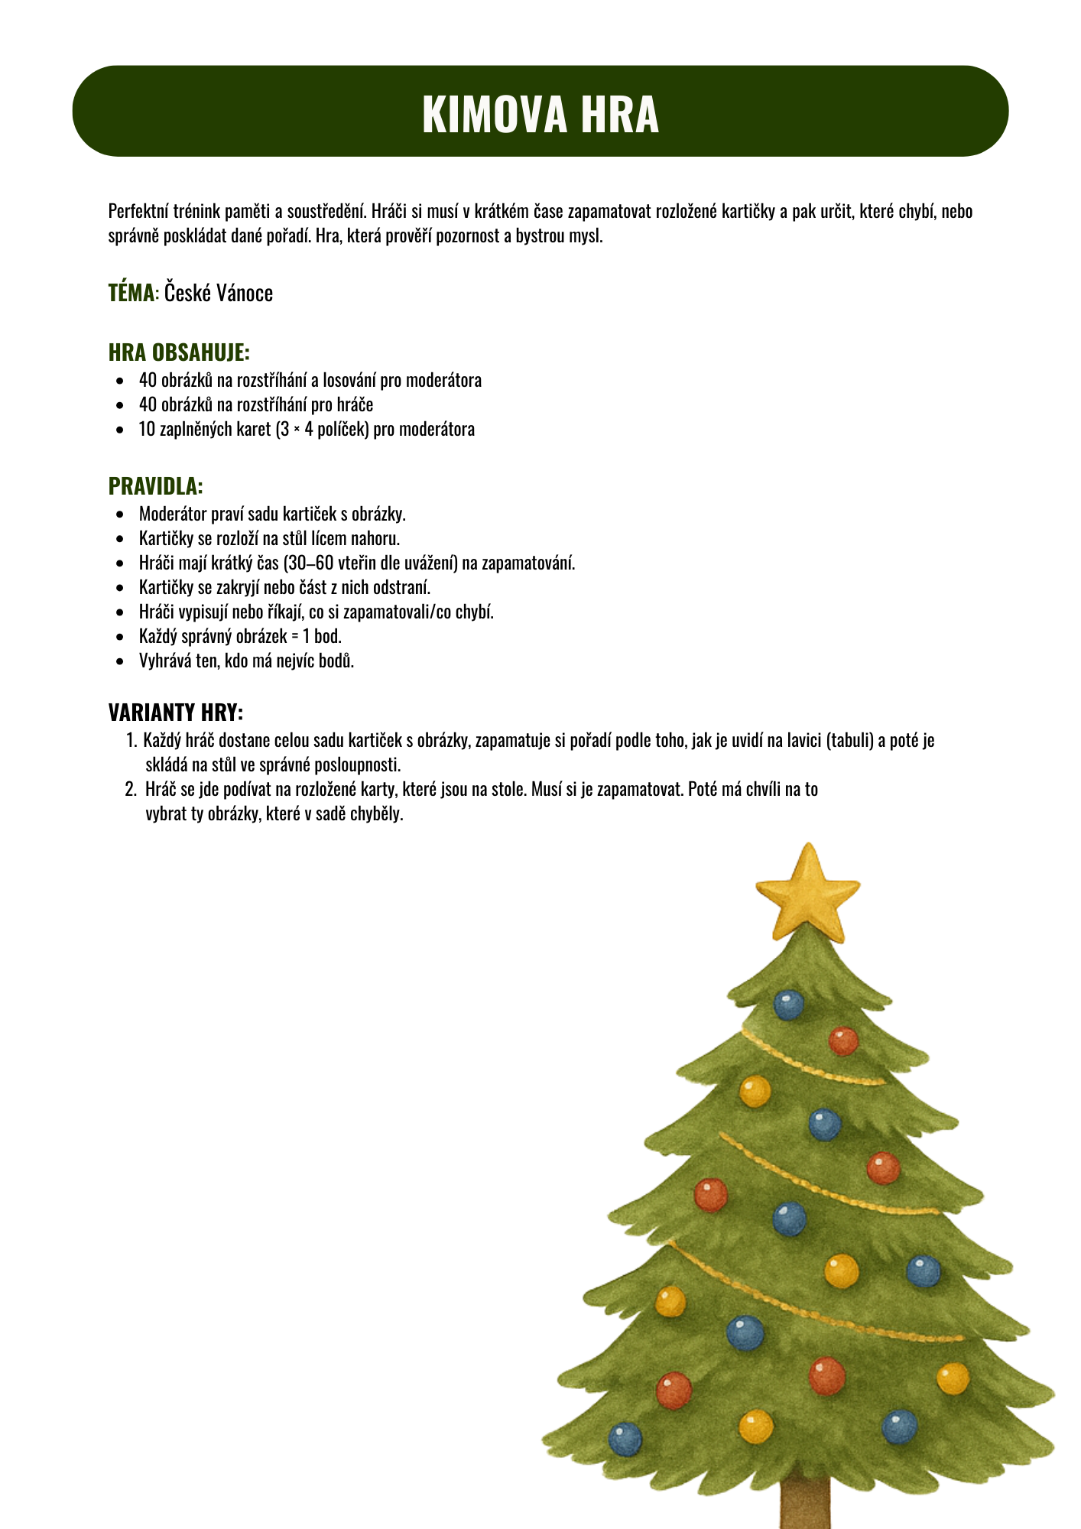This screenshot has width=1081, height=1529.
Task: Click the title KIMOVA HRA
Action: tap(540, 114)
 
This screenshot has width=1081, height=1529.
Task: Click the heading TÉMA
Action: tap(131, 293)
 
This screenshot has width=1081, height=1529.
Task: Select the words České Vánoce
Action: tap(219, 294)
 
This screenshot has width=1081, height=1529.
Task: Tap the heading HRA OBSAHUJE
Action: tap(179, 352)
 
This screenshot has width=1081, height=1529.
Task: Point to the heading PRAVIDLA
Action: tap(155, 486)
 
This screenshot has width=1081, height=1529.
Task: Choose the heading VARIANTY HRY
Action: tap(176, 713)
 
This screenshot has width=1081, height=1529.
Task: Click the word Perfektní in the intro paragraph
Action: tap(135, 211)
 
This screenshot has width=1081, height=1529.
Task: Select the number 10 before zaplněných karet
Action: tap(147, 429)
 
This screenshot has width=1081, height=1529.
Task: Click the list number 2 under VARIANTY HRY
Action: tap(129, 790)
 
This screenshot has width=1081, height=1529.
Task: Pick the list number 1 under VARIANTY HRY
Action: tap(129, 741)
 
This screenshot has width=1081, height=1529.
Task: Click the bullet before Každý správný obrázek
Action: tap(119, 637)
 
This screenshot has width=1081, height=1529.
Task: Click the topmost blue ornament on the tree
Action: tap(788, 1004)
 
